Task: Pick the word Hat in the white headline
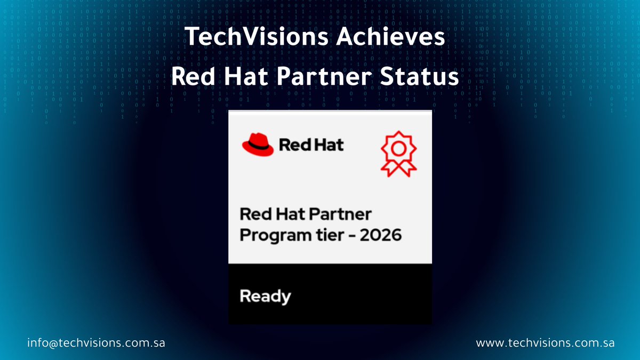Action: point(248,77)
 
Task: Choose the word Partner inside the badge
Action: point(341,214)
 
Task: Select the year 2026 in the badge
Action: point(379,234)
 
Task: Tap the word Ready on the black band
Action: point(265,297)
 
